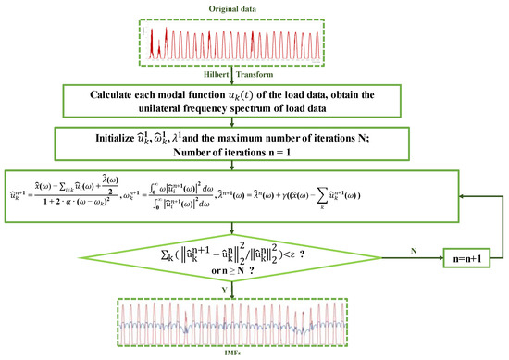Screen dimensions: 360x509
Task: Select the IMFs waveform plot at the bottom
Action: [251, 320]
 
